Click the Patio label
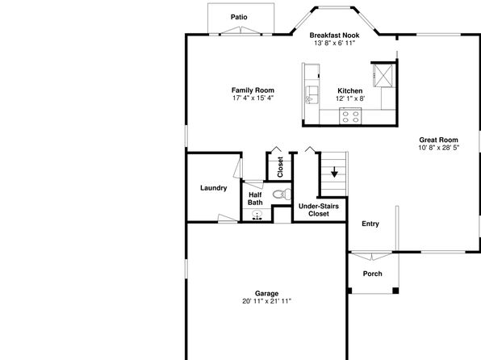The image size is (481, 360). coord(239,17)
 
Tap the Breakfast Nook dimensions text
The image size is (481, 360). coord(334,43)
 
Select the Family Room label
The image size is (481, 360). coord(253,90)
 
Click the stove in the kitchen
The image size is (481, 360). coord(350,116)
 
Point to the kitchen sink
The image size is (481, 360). coord(312,94)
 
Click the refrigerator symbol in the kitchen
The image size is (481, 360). coord(383,76)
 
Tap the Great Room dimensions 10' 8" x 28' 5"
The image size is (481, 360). coord(439,148)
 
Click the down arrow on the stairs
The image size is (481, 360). coord(334,172)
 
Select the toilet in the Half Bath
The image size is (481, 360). coord(282,195)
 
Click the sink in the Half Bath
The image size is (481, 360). coord(257,215)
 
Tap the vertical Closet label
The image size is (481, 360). coord(280,167)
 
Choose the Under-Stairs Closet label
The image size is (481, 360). coord(319,210)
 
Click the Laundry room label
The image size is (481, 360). coord(214,188)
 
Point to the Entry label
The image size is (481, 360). coord(370,224)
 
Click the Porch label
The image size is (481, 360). coord(372,274)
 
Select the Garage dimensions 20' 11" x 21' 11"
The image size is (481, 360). coord(266,301)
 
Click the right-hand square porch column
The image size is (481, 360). coord(395,291)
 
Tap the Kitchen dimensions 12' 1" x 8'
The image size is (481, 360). coord(350,98)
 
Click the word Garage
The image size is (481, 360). coord(266,294)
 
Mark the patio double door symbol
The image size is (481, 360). coord(241,31)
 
